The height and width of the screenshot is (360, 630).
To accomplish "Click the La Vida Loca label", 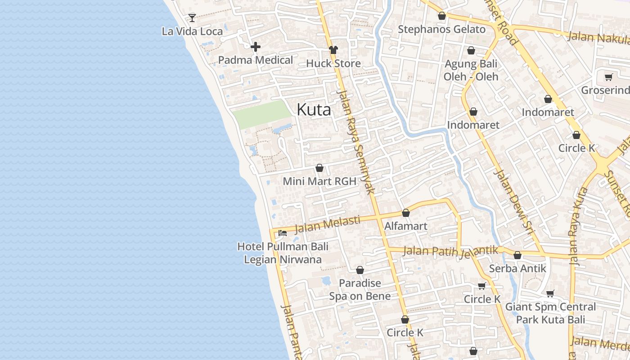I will pos(192,31).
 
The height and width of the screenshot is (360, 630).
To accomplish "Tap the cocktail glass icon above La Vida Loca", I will pos(192,18).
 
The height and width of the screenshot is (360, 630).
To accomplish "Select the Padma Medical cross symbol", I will pos(256,47).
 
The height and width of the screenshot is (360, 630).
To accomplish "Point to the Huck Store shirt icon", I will pos(333,50).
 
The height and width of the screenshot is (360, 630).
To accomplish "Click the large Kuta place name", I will pos(314,110).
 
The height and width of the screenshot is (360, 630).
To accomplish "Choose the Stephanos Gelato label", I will pos(441,30).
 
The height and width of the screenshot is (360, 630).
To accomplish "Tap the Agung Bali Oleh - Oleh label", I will pos(471,70).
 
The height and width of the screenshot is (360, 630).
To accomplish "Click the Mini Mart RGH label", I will pos(319,181).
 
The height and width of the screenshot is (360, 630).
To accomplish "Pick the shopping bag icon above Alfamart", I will pos(406,213).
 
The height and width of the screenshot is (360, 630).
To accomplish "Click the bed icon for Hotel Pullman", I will pos(283,233).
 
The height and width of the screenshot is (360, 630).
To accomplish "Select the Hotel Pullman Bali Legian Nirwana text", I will pos(283,253).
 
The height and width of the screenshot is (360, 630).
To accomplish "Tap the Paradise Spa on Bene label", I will pos(360,289).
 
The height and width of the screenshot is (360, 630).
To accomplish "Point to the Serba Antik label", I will pos(517,269).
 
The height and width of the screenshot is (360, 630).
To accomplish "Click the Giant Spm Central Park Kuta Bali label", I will pos(550,313).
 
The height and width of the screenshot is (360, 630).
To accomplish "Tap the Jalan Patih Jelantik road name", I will pos(450,251).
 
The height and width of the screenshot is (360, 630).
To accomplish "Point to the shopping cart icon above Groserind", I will pos(609,77).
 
